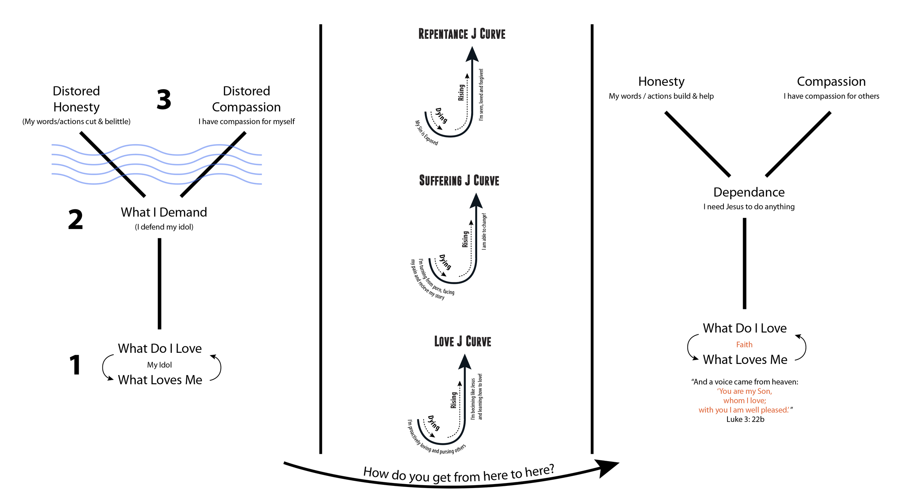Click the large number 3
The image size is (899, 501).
[x=164, y=99]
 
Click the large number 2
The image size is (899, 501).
[x=76, y=219]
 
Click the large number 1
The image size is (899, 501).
[x=75, y=365]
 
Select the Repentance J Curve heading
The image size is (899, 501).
[x=462, y=34]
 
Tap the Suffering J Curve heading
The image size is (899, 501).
[x=459, y=181]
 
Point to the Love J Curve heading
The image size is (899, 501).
[x=462, y=341]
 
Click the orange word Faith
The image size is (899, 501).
[x=744, y=345]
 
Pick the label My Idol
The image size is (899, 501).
[x=159, y=365]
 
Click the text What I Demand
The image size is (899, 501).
[x=164, y=212]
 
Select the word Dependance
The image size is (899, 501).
[x=749, y=192]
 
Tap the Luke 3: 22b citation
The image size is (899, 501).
[x=745, y=419]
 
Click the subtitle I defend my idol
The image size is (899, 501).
[x=164, y=227]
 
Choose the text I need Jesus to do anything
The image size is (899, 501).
[x=749, y=206]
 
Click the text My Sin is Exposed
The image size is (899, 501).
[x=426, y=133]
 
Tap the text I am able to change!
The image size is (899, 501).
[x=484, y=231]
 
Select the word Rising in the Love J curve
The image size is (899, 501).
[x=453, y=400]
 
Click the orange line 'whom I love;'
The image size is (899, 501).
[x=745, y=400]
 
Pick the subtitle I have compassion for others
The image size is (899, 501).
[x=831, y=96]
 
